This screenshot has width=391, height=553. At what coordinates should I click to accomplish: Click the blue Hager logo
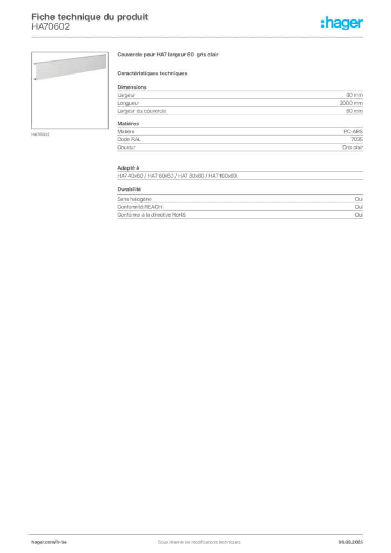343,24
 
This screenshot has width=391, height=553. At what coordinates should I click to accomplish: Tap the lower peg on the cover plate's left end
35,79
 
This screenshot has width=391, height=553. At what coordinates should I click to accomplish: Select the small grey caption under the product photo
41,134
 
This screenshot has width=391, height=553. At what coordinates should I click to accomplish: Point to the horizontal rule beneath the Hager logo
216,36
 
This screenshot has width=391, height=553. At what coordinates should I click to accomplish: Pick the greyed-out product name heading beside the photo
168,55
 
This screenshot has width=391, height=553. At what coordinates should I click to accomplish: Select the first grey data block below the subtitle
240,100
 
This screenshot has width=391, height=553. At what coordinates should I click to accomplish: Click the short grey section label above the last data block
130,190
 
